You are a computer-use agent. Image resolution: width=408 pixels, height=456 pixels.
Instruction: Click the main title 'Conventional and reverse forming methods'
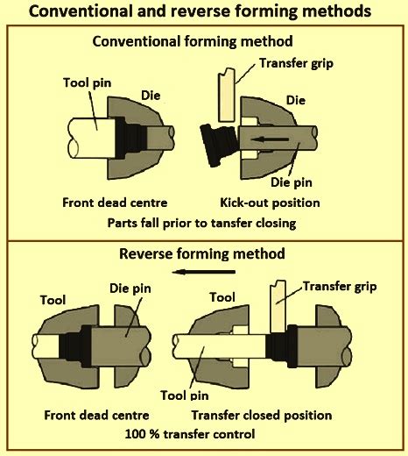pos(203,13)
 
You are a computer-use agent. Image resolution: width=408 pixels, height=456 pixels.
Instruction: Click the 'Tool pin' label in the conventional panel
pos(85,84)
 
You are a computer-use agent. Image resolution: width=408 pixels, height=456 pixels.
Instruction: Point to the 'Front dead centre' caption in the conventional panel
pos(103,201)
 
